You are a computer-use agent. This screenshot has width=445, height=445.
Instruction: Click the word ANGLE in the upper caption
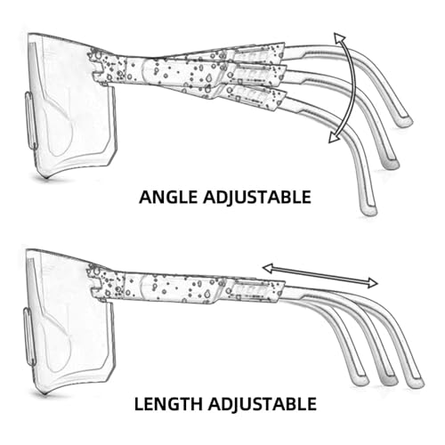pos(168,198)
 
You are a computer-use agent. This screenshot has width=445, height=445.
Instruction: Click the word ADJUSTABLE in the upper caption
pos(257,198)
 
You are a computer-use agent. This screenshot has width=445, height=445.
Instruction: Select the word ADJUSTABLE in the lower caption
pos(262,404)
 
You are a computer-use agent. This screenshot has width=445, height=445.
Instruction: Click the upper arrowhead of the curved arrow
pos(339,38)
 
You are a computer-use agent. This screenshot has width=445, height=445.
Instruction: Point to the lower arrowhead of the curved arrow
pos(335,137)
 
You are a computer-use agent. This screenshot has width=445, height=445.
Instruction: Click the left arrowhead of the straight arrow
pos(268,268)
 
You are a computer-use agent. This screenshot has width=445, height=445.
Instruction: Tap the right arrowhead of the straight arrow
pos(373,283)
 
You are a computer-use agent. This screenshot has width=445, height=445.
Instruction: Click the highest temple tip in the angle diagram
pos(405,122)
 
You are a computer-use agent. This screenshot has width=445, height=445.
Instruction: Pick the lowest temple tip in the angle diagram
pos(368,210)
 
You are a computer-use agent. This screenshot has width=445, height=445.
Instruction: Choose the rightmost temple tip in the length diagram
pos(415,382)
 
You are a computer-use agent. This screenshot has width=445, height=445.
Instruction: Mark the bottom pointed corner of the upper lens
pos(45,178)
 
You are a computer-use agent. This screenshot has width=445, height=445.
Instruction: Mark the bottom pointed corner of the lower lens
pos(44,393)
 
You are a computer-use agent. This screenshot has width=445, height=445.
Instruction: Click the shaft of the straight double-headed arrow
pos(320,275)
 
